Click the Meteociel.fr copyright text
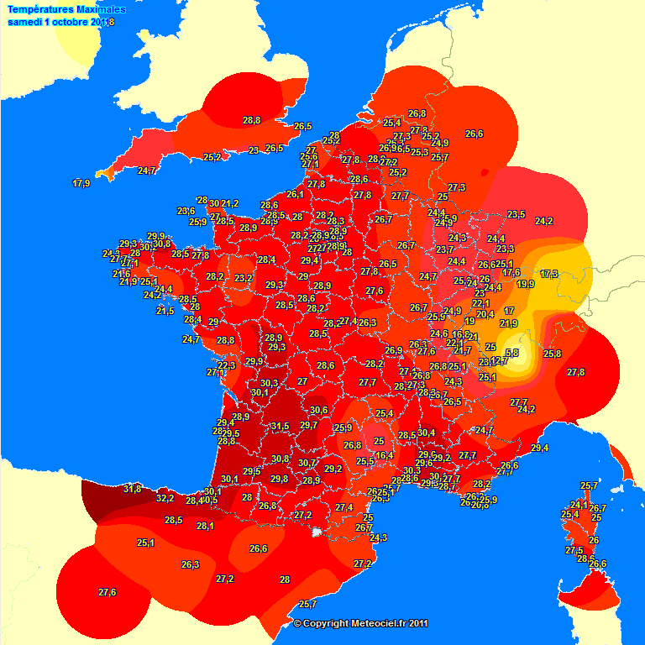[361, 623]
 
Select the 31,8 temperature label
[132, 489]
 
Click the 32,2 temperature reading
[165, 498]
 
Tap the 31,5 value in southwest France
[280, 427]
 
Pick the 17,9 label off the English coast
[81, 183]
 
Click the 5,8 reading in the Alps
[511, 354]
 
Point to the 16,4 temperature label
[384, 455]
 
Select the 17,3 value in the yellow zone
[549, 274]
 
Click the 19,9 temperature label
[526, 284]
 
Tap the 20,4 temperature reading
[485, 314]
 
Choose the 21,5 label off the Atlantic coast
[165, 311]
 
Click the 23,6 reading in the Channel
[186, 211]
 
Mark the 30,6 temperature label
[318, 410]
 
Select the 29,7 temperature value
[308, 426]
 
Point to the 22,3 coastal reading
[227, 365]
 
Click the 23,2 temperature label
[244, 278]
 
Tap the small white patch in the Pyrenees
[317, 532]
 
